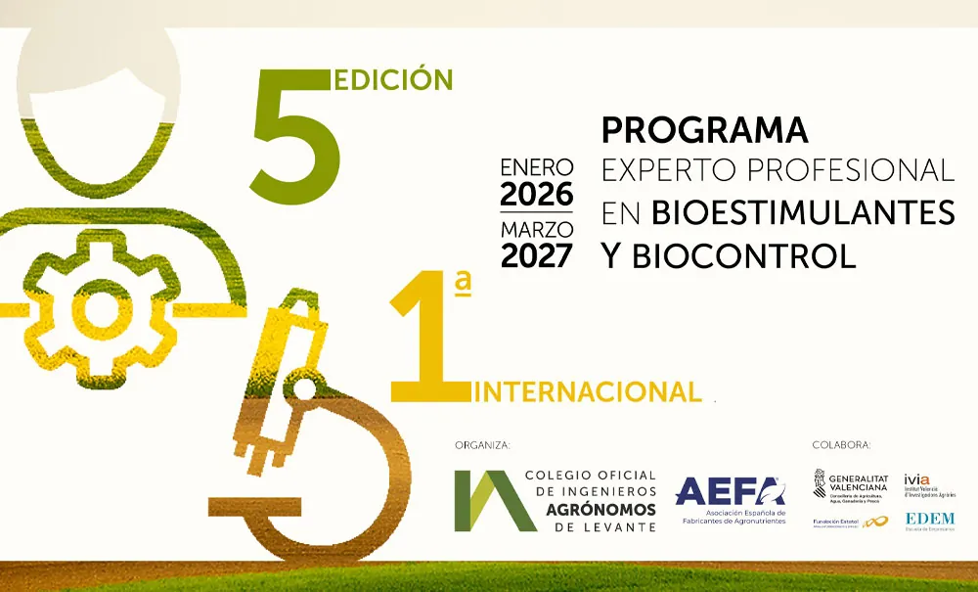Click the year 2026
(x=537, y=195)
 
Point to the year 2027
(x=537, y=255)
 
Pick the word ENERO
(x=537, y=166)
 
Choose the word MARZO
(x=537, y=229)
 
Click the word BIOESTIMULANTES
(x=803, y=211)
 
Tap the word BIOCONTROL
(x=744, y=255)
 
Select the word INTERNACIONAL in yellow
(x=588, y=391)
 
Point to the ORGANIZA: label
(x=482, y=445)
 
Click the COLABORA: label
(x=841, y=445)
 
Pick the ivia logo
(x=929, y=484)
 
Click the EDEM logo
(x=929, y=520)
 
